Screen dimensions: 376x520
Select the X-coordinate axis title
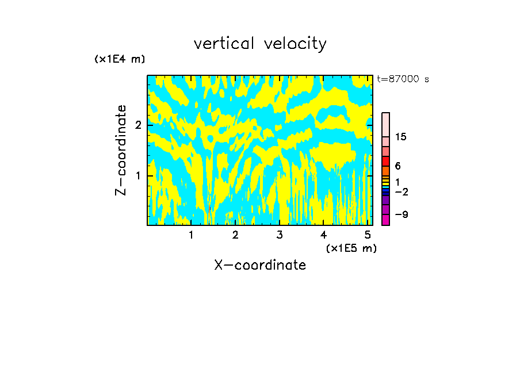point(260,265)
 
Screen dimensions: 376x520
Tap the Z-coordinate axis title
point(121,150)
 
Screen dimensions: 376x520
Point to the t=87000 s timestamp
point(403,79)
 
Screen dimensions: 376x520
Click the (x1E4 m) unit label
point(120,59)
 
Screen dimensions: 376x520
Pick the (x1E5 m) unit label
point(351,248)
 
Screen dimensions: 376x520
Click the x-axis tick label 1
point(191,235)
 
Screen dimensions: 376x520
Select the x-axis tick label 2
point(235,235)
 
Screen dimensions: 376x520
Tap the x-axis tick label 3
point(279,235)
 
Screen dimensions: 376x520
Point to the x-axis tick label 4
point(323,235)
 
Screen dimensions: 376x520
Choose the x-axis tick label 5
point(367,235)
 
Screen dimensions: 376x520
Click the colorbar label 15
point(401,137)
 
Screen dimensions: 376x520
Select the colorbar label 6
point(398,166)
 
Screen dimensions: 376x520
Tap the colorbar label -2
point(402,191)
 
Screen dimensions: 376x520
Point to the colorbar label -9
point(402,214)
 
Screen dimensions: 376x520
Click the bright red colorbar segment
point(385,162)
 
